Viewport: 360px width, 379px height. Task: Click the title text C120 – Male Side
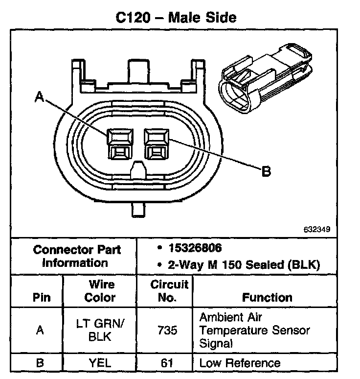[x=176, y=18]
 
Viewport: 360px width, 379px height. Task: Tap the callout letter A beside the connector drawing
[x=40, y=96]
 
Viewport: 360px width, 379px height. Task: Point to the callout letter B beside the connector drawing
[x=266, y=171]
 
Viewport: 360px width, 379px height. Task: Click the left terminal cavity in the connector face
[x=120, y=144]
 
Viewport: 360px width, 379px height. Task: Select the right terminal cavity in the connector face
[x=157, y=144]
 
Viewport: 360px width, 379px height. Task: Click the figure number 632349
[x=317, y=229]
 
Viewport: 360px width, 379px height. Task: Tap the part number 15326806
[x=195, y=248]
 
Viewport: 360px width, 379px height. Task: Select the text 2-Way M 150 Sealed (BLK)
[x=244, y=265]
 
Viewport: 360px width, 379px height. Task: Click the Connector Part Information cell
[x=76, y=256]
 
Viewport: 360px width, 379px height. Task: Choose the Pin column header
[x=42, y=297]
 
